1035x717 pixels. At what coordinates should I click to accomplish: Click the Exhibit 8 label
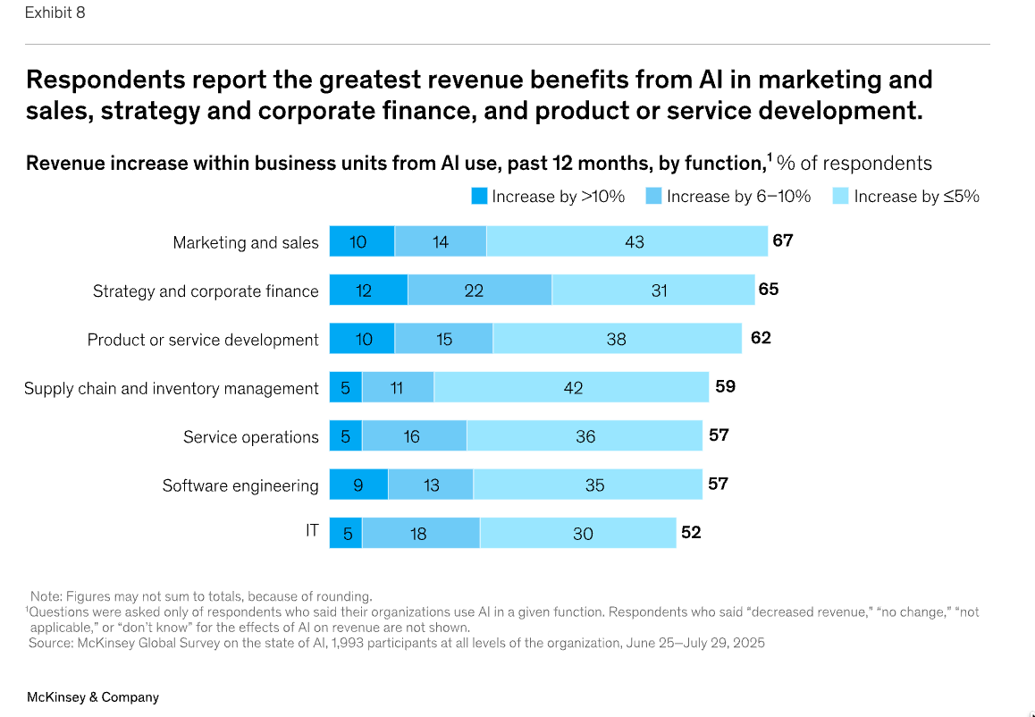click(55, 13)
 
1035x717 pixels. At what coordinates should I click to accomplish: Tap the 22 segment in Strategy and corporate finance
click(479, 291)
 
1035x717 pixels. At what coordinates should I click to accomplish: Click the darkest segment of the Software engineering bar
click(358, 485)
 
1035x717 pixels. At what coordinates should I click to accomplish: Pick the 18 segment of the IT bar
click(420, 534)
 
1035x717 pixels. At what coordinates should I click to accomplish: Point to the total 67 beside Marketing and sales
click(783, 240)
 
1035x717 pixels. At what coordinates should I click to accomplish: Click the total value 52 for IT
click(691, 533)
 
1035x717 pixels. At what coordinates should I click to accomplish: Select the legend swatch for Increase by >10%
click(479, 197)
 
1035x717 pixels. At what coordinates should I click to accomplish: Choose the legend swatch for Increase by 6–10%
click(654, 197)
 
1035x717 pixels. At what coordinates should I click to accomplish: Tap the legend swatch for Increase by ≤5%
click(841, 197)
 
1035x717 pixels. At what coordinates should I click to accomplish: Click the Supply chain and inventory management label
click(172, 388)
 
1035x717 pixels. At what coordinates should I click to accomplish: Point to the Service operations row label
click(251, 437)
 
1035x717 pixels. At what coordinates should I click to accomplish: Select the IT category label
click(312, 531)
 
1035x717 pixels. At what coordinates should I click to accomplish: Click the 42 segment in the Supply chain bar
click(572, 388)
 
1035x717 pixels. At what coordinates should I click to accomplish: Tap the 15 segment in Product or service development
click(443, 340)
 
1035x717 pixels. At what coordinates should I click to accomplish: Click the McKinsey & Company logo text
click(93, 696)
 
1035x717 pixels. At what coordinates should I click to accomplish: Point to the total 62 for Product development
click(761, 339)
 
